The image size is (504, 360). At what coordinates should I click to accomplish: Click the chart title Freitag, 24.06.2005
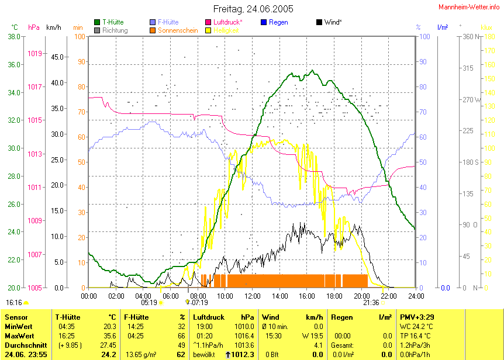tap(253, 9)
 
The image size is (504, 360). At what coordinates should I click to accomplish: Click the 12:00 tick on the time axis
tap(252, 296)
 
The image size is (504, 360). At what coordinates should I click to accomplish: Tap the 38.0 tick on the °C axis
tap(15, 37)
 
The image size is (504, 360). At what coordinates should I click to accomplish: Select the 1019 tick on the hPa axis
tap(35, 54)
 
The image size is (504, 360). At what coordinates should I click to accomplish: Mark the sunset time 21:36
tap(371, 303)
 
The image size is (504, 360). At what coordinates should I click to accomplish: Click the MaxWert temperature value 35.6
tap(108, 336)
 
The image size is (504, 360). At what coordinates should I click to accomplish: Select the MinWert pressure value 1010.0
tap(245, 327)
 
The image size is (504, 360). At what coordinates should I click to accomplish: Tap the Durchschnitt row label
tap(25, 345)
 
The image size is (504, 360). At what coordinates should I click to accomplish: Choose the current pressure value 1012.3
tap(244, 355)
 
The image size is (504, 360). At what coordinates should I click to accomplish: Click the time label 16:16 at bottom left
tap(14, 303)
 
